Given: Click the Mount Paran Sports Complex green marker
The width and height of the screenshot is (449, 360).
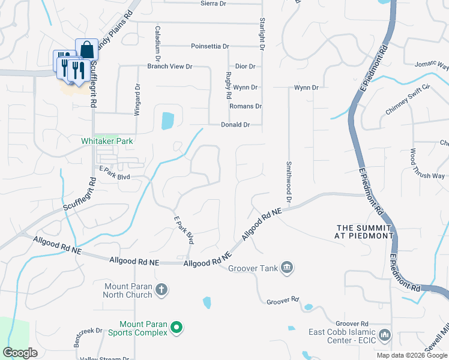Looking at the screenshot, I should point(176,328).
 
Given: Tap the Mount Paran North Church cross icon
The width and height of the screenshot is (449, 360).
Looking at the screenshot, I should point(161,290).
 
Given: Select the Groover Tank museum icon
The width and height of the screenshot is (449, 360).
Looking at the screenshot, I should point(287,267).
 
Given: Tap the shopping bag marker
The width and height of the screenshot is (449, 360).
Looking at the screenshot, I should point(86,49).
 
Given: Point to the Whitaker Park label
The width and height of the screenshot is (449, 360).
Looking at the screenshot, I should point(107,141).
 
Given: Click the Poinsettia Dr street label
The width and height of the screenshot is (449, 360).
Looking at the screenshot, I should point(209,46).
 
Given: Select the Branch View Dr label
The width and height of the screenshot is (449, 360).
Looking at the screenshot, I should point(169,67).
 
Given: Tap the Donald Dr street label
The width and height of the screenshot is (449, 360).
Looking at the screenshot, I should point(235,125).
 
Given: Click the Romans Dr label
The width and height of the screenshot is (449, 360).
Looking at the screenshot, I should point(246,106).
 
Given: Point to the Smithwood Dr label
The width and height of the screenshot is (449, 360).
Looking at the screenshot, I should point(289,181).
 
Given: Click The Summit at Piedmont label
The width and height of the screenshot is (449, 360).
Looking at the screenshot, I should point(364,232).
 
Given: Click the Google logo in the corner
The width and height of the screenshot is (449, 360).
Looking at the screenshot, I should point(20,353).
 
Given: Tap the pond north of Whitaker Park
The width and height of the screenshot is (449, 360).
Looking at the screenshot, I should point(166,121).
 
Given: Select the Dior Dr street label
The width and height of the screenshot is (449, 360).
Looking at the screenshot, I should point(246,67).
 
